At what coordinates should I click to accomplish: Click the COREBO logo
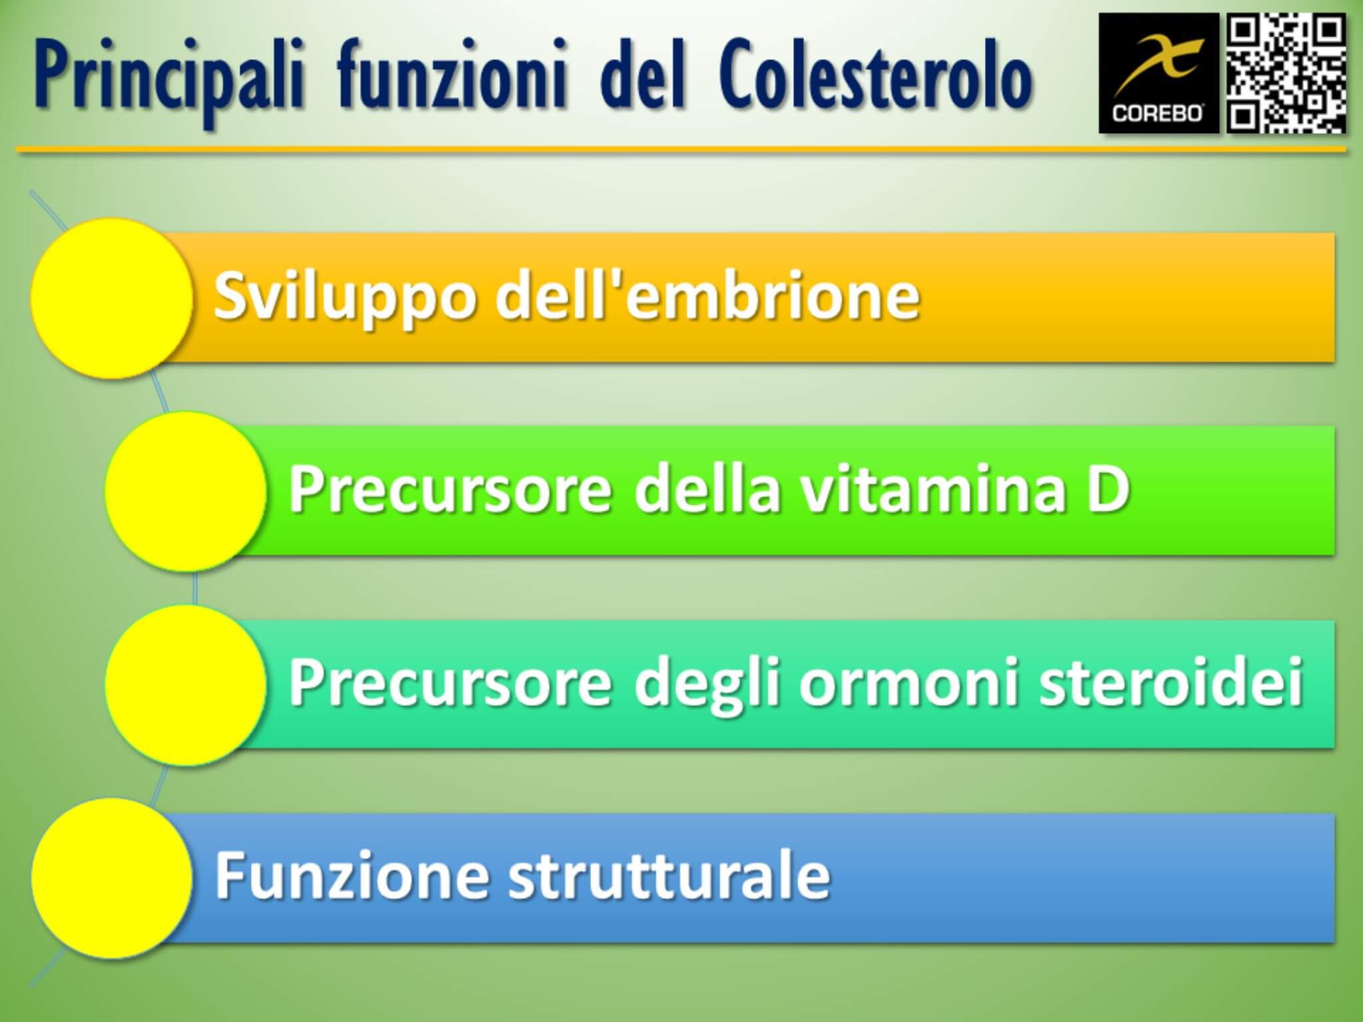point(1159,73)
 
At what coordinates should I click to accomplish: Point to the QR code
point(1286,73)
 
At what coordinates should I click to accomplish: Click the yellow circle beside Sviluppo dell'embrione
point(112,298)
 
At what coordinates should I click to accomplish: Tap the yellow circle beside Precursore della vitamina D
point(186,491)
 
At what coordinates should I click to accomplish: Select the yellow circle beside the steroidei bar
point(186,685)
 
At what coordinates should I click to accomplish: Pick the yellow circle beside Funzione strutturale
point(112,878)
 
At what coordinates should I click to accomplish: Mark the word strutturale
point(670,876)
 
